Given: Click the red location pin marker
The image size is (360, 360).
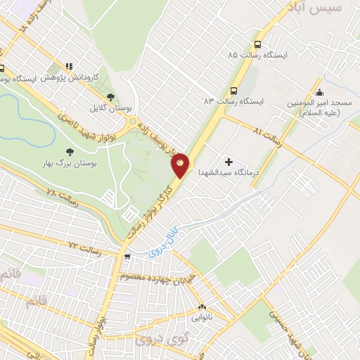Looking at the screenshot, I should [181, 165].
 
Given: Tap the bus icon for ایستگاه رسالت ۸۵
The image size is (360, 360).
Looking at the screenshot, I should [258, 41].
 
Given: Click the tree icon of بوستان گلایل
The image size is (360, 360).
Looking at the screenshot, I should [110, 97].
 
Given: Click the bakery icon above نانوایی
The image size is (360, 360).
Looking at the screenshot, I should [202, 307].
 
